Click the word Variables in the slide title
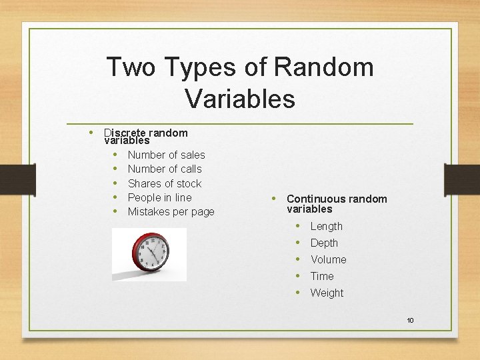(x=240, y=98)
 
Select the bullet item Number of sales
(x=166, y=155)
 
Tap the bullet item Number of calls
(x=164, y=169)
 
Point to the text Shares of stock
(x=164, y=183)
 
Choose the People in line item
(x=159, y=197)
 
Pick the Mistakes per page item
(x=171, y=212)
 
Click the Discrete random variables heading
(x=145, y=137)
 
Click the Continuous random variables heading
(x=336, y=203)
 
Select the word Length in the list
(x=326, y=227)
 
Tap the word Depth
(x=324, y=243)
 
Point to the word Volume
(x=328, y=259)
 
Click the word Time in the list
(x=321, y=276)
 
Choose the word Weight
(x=327, y=293)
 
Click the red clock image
(x=149, y=253)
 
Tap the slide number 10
(x=410, y=321)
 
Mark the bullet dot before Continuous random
(x=274, y=199)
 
